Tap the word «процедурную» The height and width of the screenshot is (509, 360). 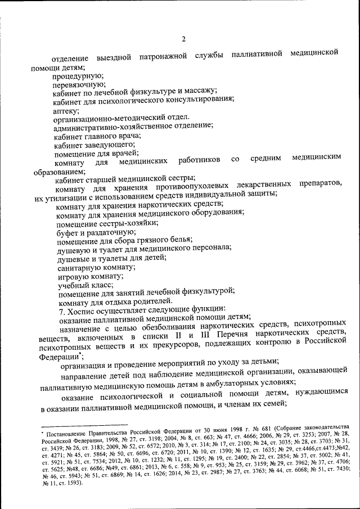(x=77, y=75)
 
